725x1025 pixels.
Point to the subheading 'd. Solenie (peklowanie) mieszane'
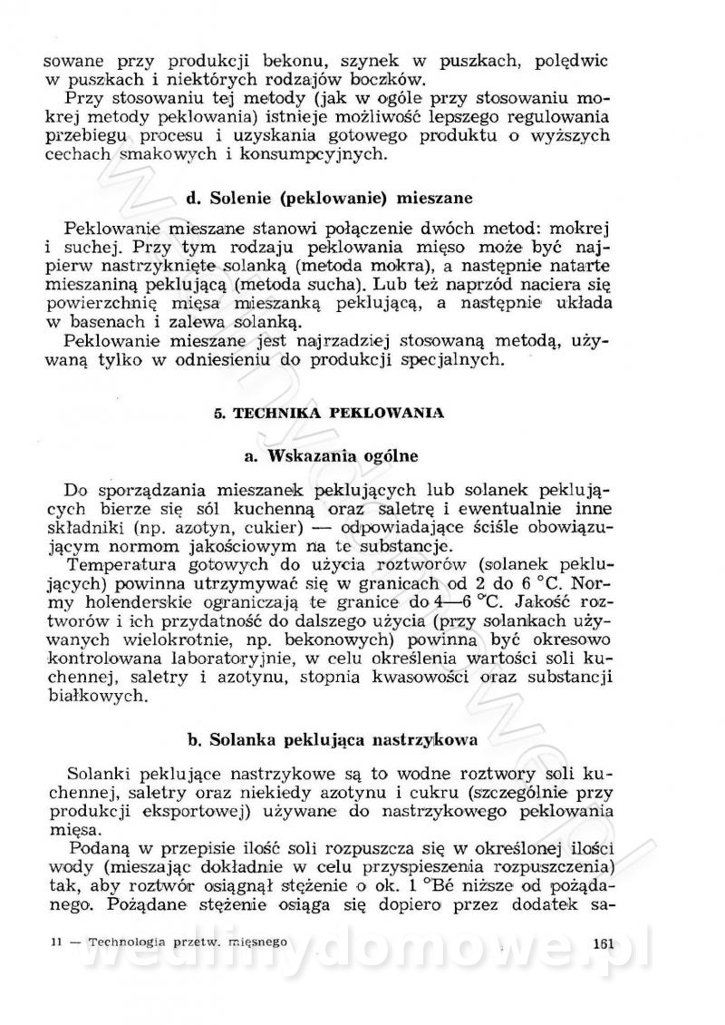[x=329, y=197]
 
